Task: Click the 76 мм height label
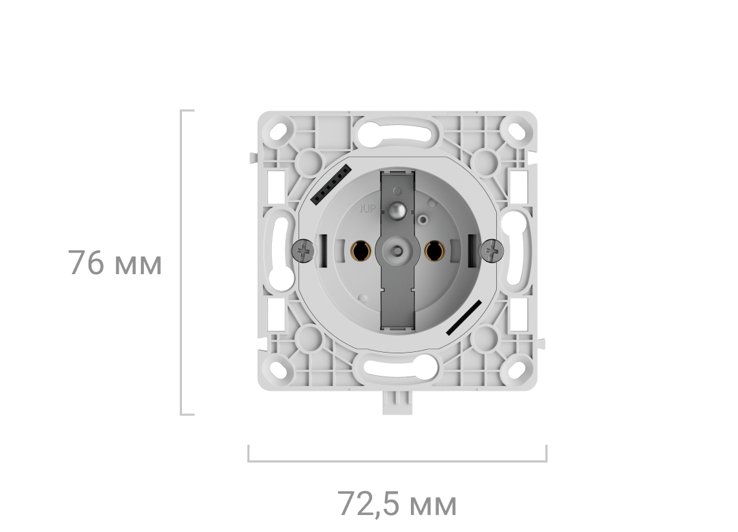point(115,263)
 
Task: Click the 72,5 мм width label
point(397,505)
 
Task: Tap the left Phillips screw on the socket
point(305,251)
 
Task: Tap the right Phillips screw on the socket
point(491,251)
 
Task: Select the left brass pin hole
point(361,252)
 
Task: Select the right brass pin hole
point(433,252)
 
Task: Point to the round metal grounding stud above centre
point(397,208)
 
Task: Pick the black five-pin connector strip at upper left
point(331,184)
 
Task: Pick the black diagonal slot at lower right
point(465,317)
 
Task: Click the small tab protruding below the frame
point(397,404)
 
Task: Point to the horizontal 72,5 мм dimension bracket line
point(397,462)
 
